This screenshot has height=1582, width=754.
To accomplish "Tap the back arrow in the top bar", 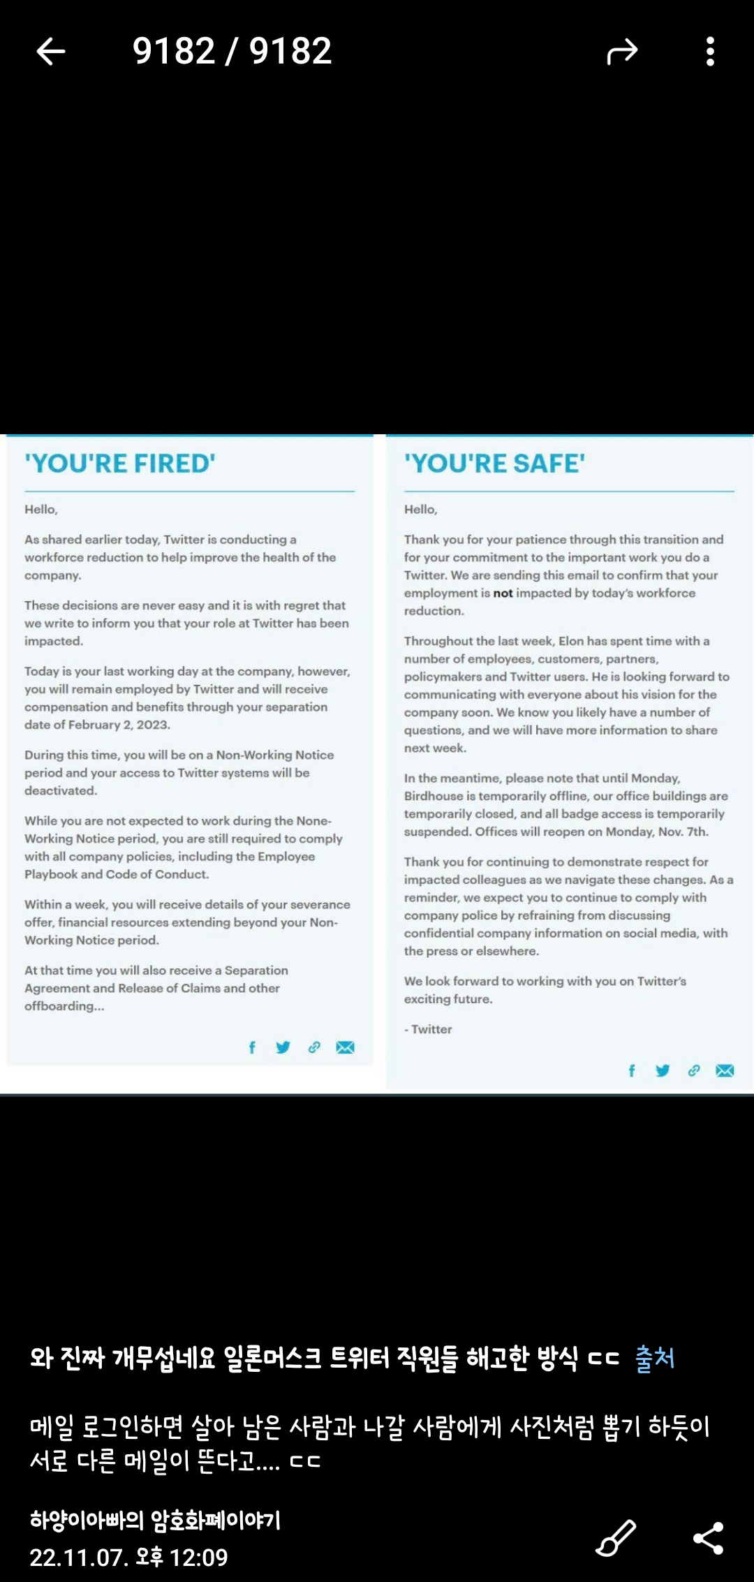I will [51, 52].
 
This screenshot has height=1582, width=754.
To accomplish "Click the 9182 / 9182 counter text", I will [232, 52].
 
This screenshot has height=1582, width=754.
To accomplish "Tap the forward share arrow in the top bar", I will [622, 52].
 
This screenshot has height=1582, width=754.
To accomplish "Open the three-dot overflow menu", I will [710, 52].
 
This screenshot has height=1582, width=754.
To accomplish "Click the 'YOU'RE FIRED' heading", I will [120, 464].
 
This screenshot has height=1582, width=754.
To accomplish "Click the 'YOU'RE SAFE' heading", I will [494, 464].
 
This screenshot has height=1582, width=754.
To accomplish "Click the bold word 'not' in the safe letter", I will [503, 593].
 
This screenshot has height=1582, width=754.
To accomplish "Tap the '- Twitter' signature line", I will [429, 1029].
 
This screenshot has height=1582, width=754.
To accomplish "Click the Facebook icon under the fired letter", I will [252, 1047].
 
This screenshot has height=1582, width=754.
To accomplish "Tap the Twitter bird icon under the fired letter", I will [283, 1047].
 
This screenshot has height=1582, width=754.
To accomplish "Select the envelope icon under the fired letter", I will [345, 1047].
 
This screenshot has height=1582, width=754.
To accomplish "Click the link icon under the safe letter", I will [693, 1070].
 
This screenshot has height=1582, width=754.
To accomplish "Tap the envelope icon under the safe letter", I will [725, 1070].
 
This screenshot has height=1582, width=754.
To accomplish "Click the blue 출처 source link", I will [655, 1358].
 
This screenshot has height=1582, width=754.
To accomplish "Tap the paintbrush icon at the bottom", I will [616, 1538].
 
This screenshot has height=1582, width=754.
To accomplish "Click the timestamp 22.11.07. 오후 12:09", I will [129, 1557].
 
